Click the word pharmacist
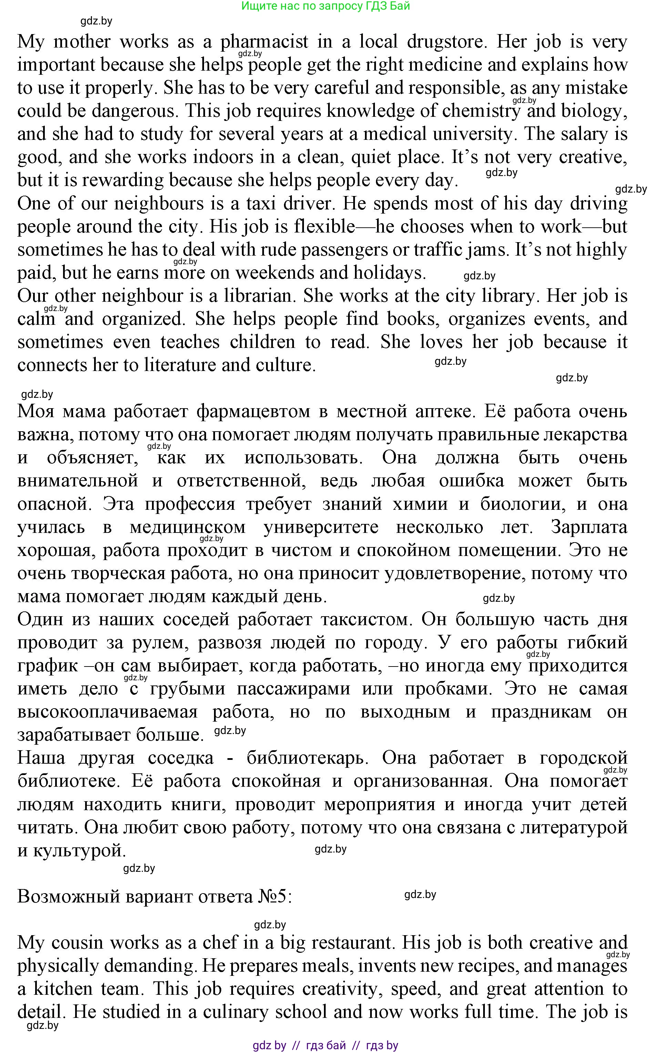(264, 42)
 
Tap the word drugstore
(446, 42)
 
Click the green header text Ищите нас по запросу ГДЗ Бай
(326, 6)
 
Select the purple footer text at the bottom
(326, 1045)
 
